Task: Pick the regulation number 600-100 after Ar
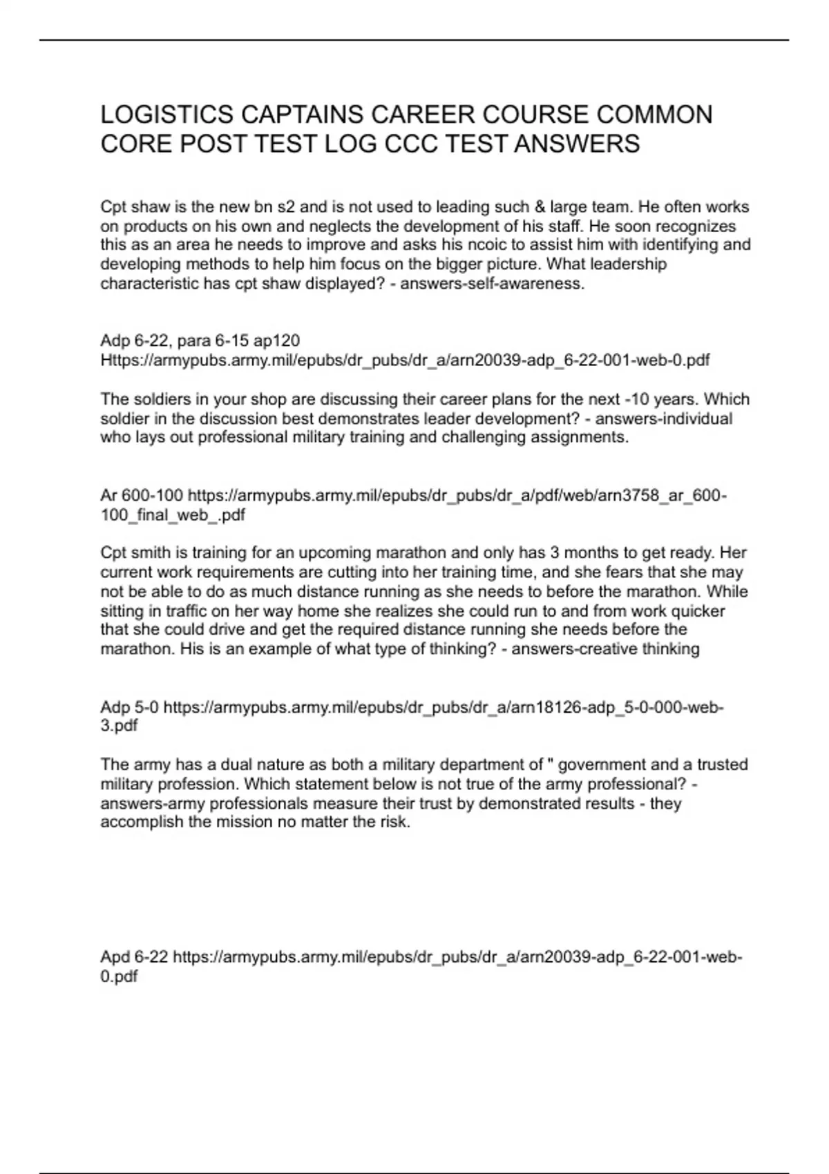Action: pos(153,495)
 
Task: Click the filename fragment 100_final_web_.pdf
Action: pos(173,514)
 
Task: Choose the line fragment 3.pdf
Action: pos(119,726)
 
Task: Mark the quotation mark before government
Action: pos(551,763)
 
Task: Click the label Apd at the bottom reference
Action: pos(115,956)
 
